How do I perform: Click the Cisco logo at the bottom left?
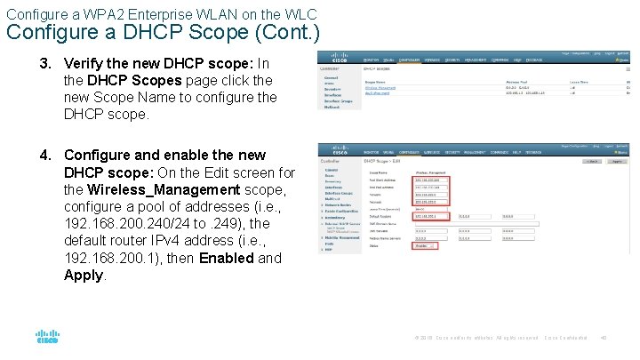47,337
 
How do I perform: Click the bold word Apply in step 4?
84,275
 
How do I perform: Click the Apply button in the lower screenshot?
617,161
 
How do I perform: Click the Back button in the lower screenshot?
589,161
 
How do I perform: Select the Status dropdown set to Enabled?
425,244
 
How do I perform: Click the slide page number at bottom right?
603,337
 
